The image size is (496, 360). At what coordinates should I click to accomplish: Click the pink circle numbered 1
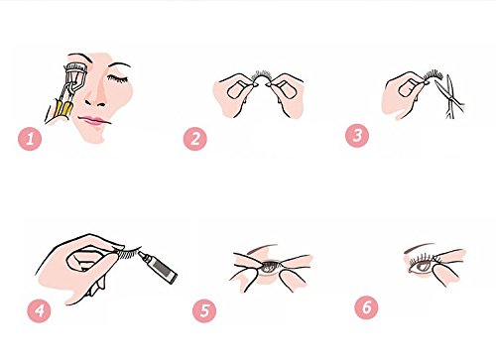(30, 139)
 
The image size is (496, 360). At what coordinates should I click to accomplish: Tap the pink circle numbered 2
(195, 139)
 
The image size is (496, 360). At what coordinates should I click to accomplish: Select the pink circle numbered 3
(357, 136)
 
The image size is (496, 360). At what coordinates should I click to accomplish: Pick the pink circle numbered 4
(40, 310)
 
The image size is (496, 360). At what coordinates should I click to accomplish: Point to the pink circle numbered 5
(204, 310)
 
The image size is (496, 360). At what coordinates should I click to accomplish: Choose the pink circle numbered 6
(366, 307)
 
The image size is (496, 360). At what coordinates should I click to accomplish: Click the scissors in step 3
(450, 96)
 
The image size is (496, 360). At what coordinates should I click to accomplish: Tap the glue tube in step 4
(158, 267)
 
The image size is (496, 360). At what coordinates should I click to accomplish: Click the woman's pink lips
(93, 120)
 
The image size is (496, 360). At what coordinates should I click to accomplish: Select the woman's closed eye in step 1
(117, 78)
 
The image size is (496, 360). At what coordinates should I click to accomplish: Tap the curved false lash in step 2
(261, 76)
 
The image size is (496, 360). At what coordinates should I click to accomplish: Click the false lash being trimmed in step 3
(434, 74)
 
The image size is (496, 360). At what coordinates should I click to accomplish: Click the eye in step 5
(270, 267)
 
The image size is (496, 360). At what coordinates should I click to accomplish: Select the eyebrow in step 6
(419, 247)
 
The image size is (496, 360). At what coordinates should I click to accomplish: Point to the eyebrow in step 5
(263, 248)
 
